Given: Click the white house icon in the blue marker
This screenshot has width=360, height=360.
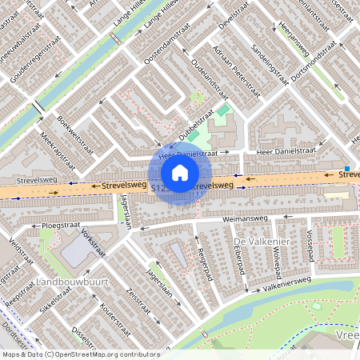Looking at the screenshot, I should [x=180, y=172].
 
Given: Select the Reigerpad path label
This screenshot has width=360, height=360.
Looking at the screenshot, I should [x=201, y=262].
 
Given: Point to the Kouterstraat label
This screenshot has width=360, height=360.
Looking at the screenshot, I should [x=114, y=317].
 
